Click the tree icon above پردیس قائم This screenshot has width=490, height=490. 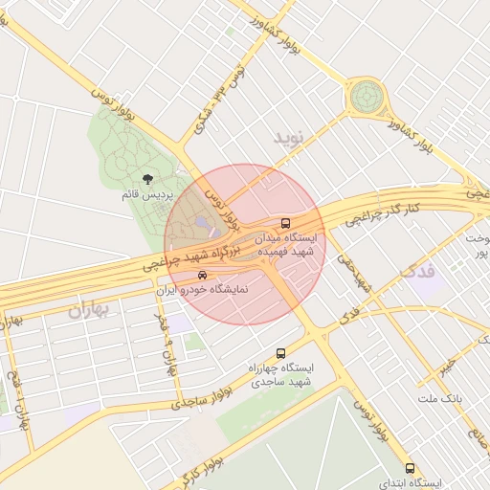click(146, 179)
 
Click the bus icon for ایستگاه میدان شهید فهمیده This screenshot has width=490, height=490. click(285, 222)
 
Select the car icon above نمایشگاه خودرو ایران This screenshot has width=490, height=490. click(201, 276)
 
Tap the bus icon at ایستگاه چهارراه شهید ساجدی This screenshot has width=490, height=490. click(280, 353)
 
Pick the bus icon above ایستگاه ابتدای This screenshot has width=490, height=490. click(411, 469)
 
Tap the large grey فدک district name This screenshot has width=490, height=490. click(418, 271)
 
